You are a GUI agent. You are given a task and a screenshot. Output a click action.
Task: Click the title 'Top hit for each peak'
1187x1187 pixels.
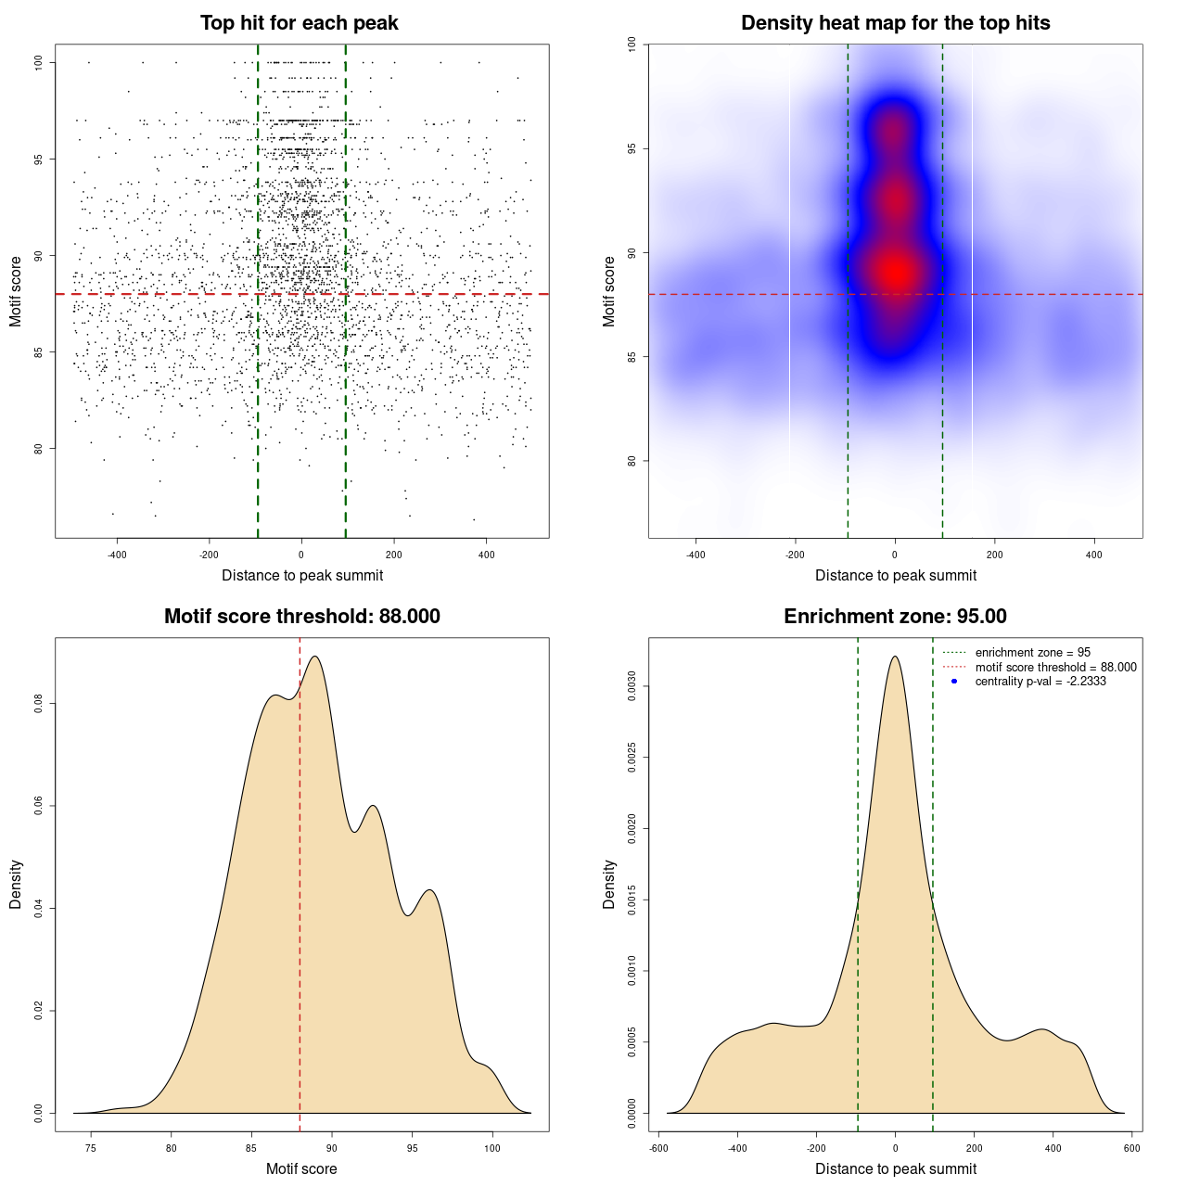tap(299, 23)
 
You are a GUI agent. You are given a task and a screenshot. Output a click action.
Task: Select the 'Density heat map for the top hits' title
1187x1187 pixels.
tap(895, 23)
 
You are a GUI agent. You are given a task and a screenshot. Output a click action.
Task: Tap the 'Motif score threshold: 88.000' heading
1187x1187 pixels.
tap(301, 617)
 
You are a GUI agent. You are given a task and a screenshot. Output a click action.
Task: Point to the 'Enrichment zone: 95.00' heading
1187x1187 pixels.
tap(895, 617)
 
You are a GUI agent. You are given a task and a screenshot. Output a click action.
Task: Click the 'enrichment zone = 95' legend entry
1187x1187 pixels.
tap(1032, 653)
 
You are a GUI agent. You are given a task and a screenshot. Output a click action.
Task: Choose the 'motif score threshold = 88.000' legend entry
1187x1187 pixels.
tap(1055, 667)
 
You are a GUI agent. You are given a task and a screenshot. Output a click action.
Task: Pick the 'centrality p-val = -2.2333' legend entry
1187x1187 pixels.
tap(1040, 682)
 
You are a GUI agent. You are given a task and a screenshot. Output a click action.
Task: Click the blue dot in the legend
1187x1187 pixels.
tap(954, 682)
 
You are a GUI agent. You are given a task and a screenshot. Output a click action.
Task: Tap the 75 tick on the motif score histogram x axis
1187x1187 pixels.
tap(91, 1148)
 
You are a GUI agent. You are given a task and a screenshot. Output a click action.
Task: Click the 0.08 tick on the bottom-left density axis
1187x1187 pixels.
tap(39, 705)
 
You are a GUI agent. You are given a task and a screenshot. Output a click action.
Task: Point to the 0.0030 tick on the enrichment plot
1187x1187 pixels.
tap(632, 686)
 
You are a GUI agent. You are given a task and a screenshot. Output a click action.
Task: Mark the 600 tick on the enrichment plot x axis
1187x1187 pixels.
tap(1131, 1148)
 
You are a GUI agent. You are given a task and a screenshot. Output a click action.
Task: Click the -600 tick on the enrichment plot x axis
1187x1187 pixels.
tap(658, 1148)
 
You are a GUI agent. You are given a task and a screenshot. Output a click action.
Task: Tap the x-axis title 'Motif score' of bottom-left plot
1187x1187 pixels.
tap(301, 1168)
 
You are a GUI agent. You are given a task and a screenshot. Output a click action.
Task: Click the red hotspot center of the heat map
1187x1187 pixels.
tap(896, 272)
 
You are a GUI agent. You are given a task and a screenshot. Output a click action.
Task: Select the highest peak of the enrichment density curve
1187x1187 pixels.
tap(895, 657)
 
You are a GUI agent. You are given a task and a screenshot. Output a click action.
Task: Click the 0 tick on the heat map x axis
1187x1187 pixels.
tap(895, 555)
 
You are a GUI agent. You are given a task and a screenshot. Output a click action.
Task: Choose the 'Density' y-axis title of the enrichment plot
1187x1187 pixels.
tap(609, 884)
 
